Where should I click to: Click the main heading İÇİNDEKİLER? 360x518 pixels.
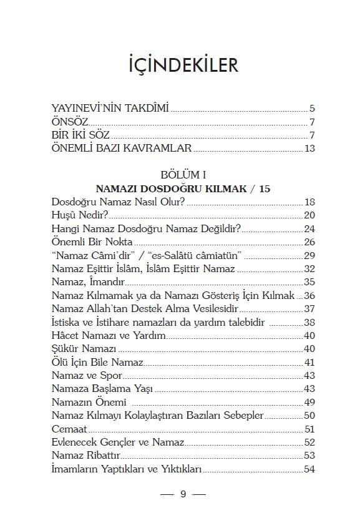(x=180, y=65)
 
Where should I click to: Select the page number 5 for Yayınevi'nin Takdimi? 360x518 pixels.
(x=311, y=108)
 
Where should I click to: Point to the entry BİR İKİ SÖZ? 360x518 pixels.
(x=81, y=135)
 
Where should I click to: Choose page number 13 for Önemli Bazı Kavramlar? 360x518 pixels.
(x=309, y=149)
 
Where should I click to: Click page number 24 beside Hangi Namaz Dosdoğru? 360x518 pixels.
(x=309, y=228)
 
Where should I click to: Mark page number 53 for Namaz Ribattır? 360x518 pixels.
(x=309, y=456)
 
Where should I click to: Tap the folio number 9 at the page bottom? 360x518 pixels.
(x=183, y=495)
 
